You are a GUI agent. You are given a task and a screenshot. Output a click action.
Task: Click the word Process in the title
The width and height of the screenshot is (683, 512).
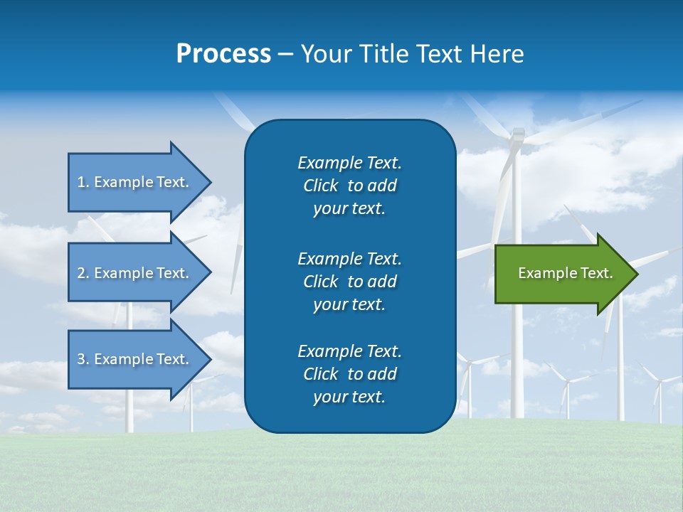click(x=223, y=54)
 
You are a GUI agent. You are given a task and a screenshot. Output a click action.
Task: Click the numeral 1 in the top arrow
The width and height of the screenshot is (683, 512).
click(x=81, y=182)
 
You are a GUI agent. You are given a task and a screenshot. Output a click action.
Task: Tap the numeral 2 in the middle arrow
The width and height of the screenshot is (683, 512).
click(x=81, y=273)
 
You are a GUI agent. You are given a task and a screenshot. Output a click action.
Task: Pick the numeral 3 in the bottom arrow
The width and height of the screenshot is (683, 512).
click(x=81, y=359)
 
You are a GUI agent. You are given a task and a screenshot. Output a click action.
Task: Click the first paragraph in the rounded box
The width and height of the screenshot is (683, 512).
click(x=349, y=186)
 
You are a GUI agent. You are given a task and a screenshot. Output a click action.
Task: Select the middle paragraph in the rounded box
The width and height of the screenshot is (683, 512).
click(x=349, y=281)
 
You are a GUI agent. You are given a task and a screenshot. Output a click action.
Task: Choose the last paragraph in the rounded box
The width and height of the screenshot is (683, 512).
click(x=349, y=374)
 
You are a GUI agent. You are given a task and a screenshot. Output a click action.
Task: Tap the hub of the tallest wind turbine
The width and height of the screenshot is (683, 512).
click(x=518, y=135)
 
